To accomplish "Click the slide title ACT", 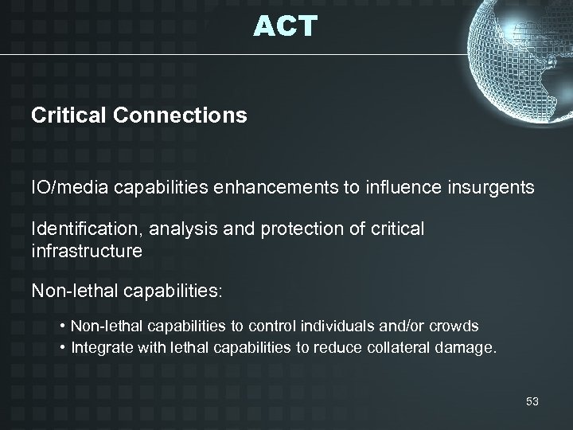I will pos(286,26).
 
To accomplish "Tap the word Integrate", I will pos(98,346).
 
